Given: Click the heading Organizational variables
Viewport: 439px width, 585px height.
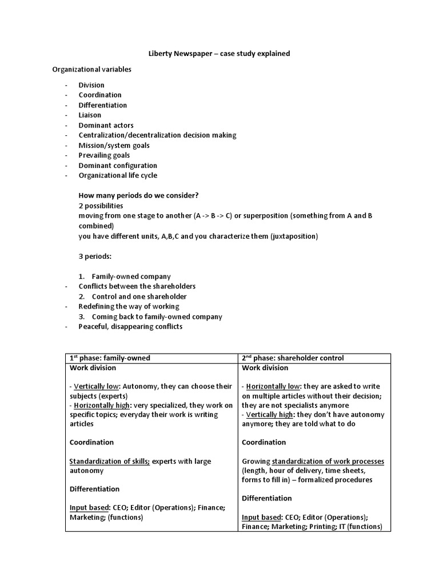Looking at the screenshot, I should pos(91,69).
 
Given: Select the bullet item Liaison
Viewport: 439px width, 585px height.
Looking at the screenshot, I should pos(90,115).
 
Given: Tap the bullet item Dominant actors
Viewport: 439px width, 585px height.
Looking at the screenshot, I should pos(106,125).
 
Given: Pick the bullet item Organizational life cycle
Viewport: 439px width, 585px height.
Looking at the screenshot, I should pos(118,175).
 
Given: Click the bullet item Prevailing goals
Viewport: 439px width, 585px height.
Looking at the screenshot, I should pos(104,155).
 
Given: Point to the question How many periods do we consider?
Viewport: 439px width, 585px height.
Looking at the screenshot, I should pos(138,195).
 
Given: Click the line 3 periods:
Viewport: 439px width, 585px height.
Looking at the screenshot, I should pos(95,256).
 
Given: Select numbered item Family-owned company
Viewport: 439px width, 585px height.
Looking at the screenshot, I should pos(131,276).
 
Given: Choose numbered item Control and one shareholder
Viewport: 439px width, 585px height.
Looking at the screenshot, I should pos(139,296).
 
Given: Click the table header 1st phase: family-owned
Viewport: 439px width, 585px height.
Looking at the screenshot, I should pos(110,358).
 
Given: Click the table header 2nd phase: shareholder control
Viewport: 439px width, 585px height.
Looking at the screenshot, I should pos(293,358).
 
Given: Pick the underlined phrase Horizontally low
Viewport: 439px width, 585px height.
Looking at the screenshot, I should pos(272,386).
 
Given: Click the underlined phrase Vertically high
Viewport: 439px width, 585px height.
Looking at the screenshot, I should pos(269,415).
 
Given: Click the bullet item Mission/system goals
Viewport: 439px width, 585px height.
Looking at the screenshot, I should pos(114,145).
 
